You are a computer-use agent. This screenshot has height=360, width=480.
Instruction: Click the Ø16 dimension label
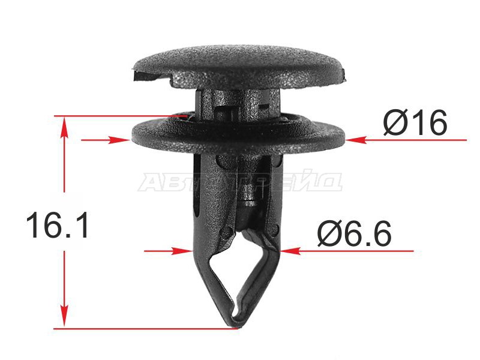click(415, 123)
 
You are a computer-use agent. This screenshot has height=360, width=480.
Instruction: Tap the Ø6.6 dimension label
click(354, 234)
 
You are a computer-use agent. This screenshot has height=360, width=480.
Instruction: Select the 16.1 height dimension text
click(57, 226)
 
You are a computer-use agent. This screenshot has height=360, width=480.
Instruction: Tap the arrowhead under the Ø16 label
click(356, 140)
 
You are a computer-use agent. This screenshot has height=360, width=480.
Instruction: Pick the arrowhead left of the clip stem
click(182, 251)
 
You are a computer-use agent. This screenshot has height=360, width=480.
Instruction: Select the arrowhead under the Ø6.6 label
click(290, 251)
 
